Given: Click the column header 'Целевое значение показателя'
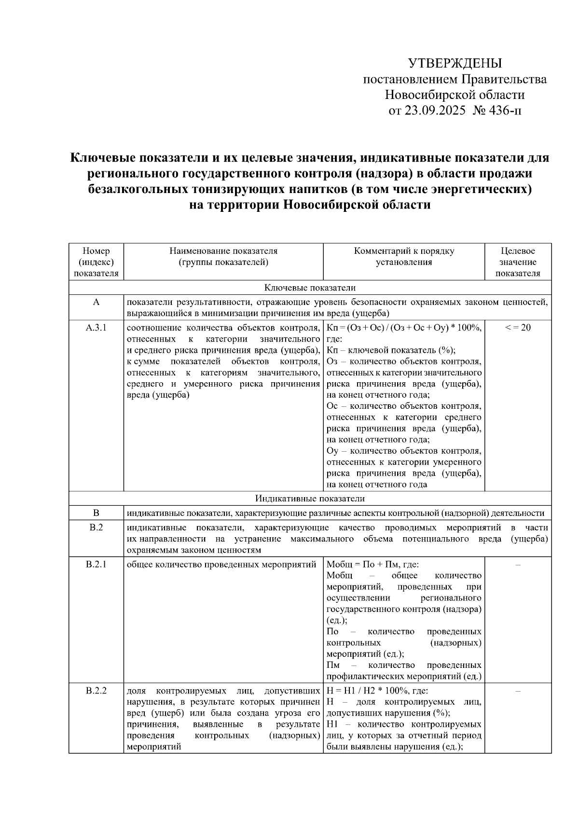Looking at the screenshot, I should tap(518, 262).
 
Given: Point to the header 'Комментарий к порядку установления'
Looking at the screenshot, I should tap(404, 257).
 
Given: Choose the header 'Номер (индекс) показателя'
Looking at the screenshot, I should tap(96, 262).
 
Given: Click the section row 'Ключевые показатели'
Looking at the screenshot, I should tap(310, 288).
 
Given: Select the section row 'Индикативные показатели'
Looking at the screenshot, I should tap(310, 499).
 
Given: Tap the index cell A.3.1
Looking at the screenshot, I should tap(96, 328).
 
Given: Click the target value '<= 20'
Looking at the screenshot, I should tap(518, 328).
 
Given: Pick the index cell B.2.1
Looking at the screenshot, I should tap(96, 564).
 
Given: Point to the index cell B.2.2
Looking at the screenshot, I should tap(96, 691).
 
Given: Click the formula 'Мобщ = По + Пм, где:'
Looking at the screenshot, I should tap(372, 564).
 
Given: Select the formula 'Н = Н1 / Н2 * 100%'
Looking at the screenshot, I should tap(367, 691).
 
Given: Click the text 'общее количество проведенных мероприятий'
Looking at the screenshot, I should tap(221, 564).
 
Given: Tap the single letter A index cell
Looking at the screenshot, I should tap(96, 302).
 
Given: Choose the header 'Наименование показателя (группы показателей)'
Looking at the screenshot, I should tap(223, 257).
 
